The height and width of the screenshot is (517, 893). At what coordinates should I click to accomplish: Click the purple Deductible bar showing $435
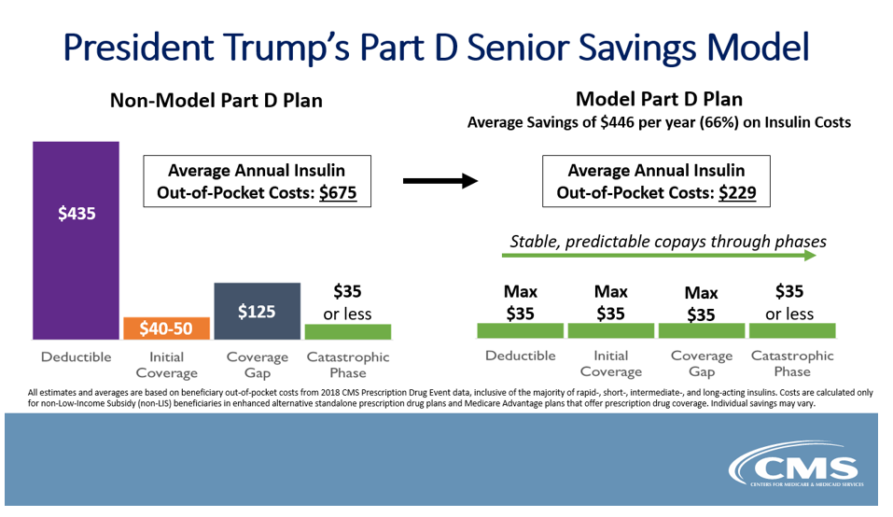(x=76, y=241)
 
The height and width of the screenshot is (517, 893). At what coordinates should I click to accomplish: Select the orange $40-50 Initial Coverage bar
(x=166, y=328)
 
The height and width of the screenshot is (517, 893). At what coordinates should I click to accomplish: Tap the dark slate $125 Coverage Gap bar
(x=257, y=311)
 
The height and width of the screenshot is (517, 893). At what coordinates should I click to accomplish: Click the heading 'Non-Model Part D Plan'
(x=216, y=100)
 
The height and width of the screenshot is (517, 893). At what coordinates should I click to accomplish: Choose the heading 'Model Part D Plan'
(x=659, y=98)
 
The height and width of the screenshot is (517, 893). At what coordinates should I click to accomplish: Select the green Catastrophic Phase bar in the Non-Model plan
(x=348, y=331)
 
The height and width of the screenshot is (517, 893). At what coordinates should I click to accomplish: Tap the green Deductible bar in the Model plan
(x=520, y=330)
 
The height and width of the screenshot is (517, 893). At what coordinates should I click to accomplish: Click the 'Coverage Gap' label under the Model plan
(x=702, y=363)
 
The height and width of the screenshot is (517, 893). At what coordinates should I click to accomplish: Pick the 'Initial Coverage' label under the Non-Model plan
(x=166, y=364)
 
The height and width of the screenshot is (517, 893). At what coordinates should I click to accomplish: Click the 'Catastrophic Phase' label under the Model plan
(x=792, y=363)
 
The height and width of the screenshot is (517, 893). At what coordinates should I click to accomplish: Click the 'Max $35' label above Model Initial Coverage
(x=611, y=303)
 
